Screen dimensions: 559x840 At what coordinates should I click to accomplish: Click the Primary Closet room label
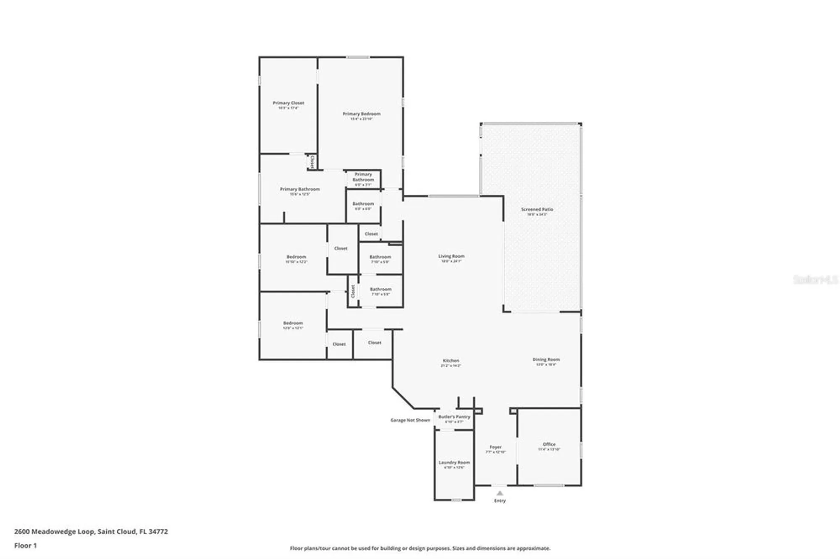288,103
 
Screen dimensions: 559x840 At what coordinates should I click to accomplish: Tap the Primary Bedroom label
361,114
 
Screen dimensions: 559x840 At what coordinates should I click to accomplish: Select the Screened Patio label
537,209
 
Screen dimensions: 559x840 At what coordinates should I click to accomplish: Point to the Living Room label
451,256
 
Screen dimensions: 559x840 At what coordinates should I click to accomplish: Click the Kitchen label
451,361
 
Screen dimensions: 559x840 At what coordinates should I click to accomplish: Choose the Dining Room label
546,360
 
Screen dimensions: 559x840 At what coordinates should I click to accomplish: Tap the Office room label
549,444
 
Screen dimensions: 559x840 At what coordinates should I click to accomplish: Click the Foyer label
495,447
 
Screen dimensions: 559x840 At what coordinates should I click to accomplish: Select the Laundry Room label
454,462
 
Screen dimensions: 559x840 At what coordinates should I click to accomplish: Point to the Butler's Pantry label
454,417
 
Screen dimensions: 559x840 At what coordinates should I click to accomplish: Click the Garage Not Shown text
410,420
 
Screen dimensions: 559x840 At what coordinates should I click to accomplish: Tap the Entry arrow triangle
499,493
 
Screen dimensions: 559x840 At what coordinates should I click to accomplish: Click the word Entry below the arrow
499,501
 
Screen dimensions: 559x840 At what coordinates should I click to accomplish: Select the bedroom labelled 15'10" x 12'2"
296,257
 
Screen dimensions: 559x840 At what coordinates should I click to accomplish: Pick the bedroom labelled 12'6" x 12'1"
293,323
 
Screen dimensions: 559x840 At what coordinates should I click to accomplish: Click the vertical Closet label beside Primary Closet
312,162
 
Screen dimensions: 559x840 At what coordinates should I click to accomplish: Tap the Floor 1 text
26,546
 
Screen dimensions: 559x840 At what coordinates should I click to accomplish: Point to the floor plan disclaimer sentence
420,548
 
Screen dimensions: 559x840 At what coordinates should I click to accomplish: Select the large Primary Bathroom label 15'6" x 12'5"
299,189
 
